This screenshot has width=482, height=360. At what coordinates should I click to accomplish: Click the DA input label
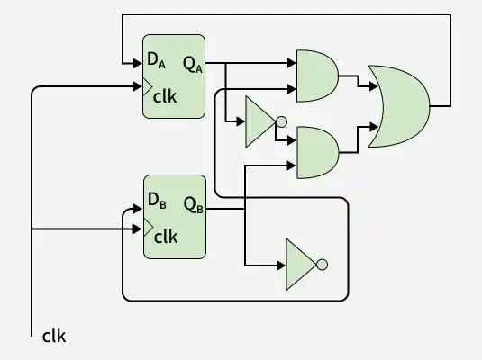[156, 60]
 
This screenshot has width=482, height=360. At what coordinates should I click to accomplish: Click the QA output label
[193, 65]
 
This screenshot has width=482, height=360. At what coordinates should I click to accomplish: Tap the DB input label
[157, 201]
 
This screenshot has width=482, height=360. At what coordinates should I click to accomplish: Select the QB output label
[194, 204]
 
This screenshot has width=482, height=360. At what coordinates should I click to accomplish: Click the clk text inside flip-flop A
[165, 96]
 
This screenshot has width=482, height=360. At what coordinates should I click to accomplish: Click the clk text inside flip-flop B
[166, 237]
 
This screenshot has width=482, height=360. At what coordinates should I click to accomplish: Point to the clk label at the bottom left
[54, 336]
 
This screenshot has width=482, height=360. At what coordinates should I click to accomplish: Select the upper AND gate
[317, 76]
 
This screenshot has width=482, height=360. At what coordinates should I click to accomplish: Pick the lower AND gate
[317, 153]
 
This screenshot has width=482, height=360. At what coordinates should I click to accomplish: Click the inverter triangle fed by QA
[260, 121]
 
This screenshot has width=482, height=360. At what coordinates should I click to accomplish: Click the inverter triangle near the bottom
[301, 265]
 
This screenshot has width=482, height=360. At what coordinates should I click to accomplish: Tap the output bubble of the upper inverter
[281, 121]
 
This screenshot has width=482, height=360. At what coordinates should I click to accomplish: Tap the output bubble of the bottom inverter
[322, 265]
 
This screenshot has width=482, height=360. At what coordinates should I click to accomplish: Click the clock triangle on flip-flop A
[148, 86]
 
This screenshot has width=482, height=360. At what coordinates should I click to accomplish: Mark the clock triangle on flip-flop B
[149, 228]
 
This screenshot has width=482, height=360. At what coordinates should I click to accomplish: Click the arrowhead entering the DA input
[138, 64]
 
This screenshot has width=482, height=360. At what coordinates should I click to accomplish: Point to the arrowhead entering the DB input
[138, 209]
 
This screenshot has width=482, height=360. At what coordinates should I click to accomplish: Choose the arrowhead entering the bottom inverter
[281, 265]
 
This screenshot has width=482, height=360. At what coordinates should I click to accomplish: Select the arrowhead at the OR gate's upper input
[374, 86]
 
